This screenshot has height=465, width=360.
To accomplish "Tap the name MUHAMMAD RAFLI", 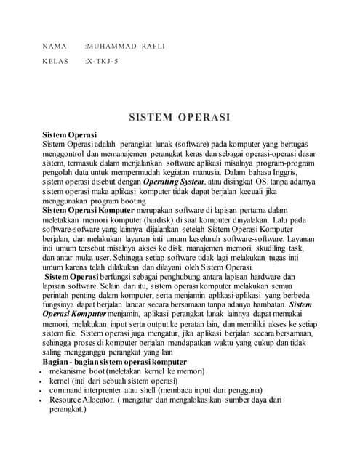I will (x=125, y=46).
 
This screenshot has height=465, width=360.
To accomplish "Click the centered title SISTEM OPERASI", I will (x=180, y=117).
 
